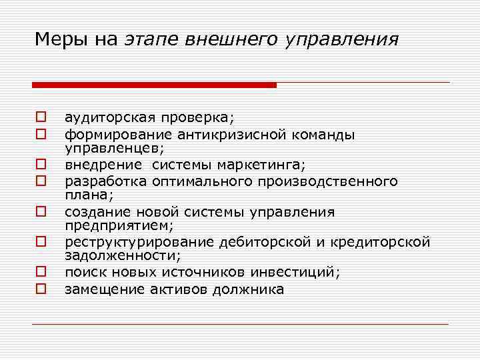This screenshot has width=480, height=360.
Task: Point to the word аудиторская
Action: pyautogui.click(x=105, y=118)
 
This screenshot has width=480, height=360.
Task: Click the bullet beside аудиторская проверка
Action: pyautogui.click(x=40, y=119)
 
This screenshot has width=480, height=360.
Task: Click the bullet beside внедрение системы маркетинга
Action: pyautogui.click(x=40, y=164)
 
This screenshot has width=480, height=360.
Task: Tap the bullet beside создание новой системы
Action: pyautogui.click(x=40, y=212)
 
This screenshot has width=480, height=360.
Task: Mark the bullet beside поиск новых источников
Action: pyautogui.click(x=40, y=272)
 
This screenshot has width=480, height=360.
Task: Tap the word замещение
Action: pyautogui.click(x=98, y=289)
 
